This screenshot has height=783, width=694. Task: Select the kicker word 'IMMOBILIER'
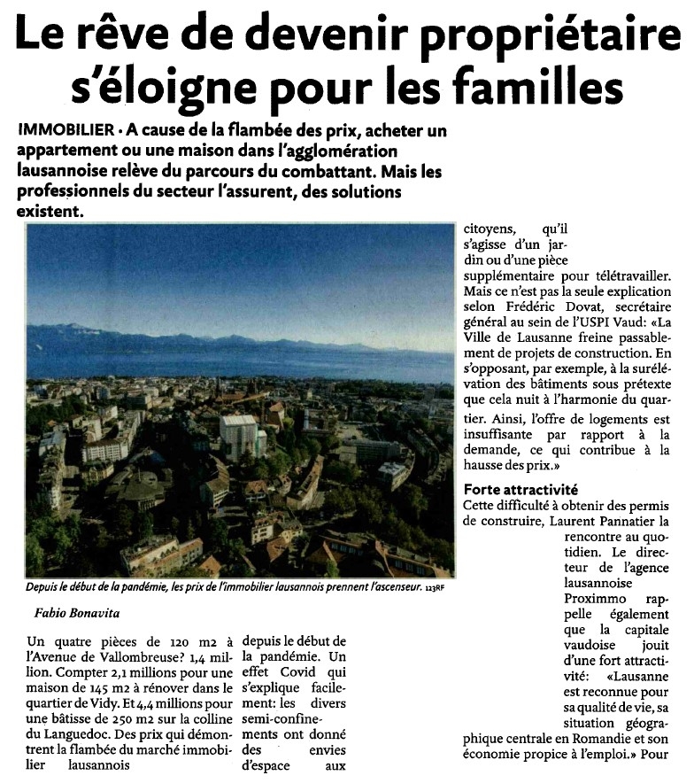point(66,129)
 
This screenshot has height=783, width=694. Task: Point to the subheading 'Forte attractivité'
point(520,489)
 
